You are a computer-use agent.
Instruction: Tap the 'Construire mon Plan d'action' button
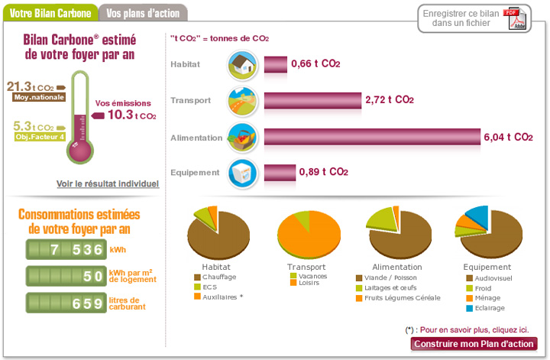point(474,343)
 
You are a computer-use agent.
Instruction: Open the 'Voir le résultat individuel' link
point(108,183)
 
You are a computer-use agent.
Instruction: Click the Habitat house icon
point(242,65)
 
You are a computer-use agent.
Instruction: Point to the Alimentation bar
point(372,138)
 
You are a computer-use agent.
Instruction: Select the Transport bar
point(312,100)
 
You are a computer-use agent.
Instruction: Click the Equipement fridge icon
point(242,173)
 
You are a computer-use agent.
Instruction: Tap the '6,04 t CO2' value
point(508,138)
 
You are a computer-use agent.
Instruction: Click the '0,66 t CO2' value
point(315,65)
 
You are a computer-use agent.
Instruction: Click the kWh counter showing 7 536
point(66,250)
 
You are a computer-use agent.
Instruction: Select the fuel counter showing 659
point(66,303)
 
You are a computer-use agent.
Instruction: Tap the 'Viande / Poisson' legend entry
point(390,277)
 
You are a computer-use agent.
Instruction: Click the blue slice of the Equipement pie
point(478,213)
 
